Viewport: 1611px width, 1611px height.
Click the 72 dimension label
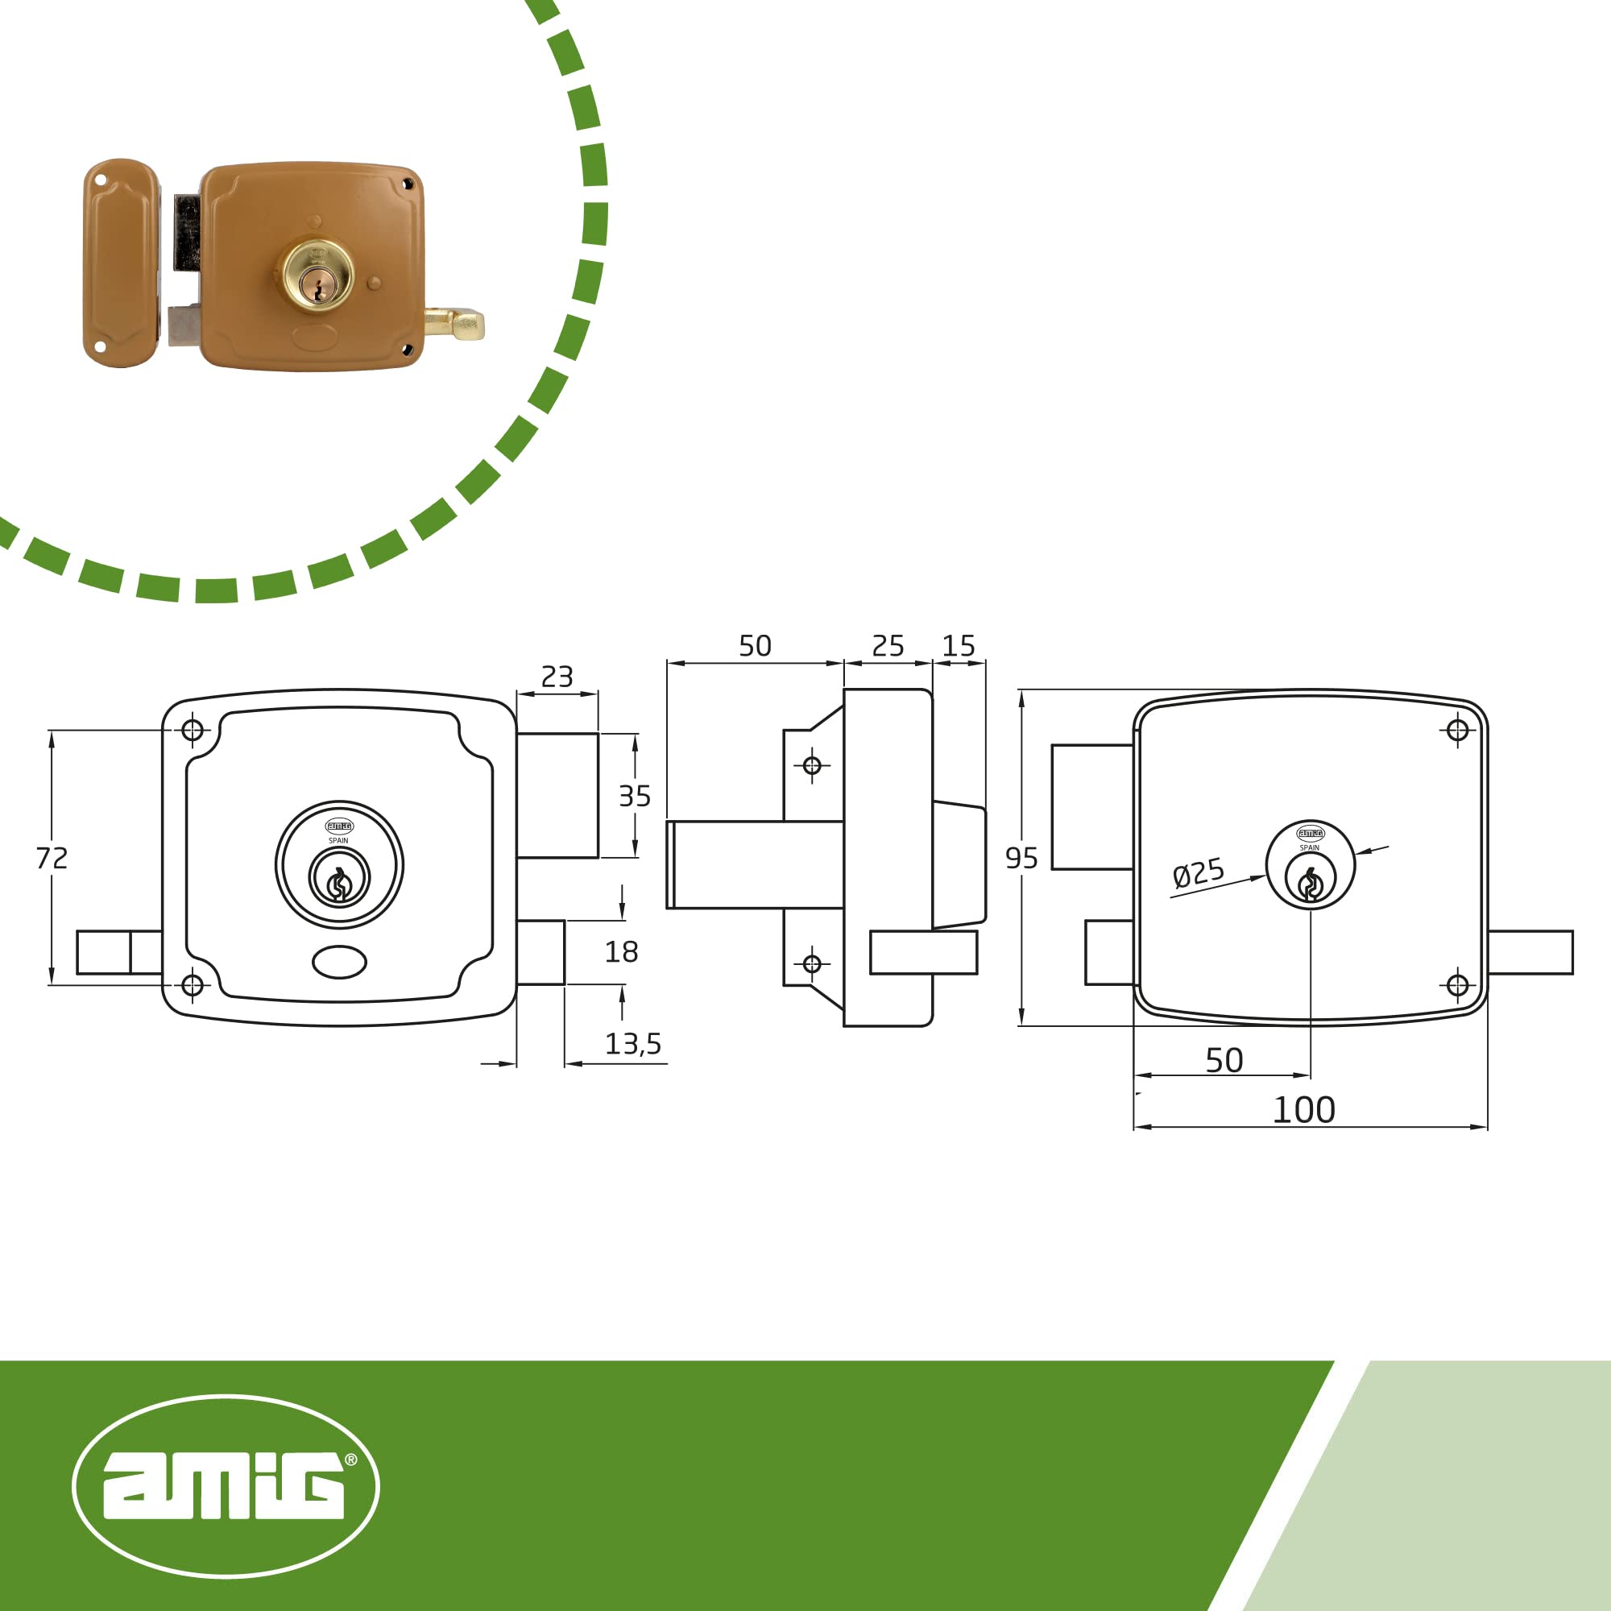click(x=52, y=858)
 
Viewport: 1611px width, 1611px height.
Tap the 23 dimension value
click(x=557, y=677)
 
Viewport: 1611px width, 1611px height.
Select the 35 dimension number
click(x=635, y=796)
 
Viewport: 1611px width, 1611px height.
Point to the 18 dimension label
click(x=621, y=951)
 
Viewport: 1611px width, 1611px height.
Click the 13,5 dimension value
click(x=633, y=1043)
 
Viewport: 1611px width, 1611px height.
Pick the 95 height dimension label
click(x=1021, y=858)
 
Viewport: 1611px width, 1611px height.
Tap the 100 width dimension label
click(x=1304, y=1110)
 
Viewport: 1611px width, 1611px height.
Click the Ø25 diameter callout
click(x=1199, y=873)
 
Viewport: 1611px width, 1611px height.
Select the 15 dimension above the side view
click(x=958, y=645)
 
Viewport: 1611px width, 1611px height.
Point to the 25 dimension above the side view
click(x=888, y=645)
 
